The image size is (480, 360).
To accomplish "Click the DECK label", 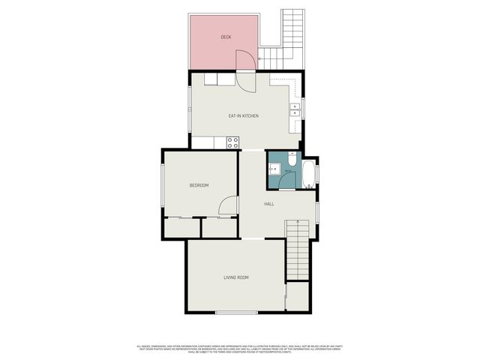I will pyautogui.click(x=225, y=36).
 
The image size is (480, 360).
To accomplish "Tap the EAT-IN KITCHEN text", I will pyautogui.click(x=244, y=115).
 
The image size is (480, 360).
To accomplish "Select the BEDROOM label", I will pyautogui.click(x=199, y=185).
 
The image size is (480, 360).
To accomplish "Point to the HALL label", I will pyautogui.click(x=268, y=203).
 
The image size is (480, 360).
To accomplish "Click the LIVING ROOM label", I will pyautogui.click(x=235, y=277).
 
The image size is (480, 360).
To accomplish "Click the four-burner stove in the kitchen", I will pyautogui.click(x=232, y=141).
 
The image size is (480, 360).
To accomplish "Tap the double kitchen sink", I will pyautogui.click(x=295, y=110).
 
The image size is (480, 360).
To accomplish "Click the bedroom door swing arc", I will pyautogui.click(x=228, y=205).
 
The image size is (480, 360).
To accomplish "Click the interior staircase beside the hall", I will pyautogui.click(x=297, y=250).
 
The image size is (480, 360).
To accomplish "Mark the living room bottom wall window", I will pyautogui.click(x=235, y=312).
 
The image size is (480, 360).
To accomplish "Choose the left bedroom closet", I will pyautogui.click(x=181, y=227).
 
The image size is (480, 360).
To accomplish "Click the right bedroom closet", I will pyautogui.click(x=219, y=227).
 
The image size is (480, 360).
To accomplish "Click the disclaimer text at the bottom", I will pyautogui.click(x=240, y=348).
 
